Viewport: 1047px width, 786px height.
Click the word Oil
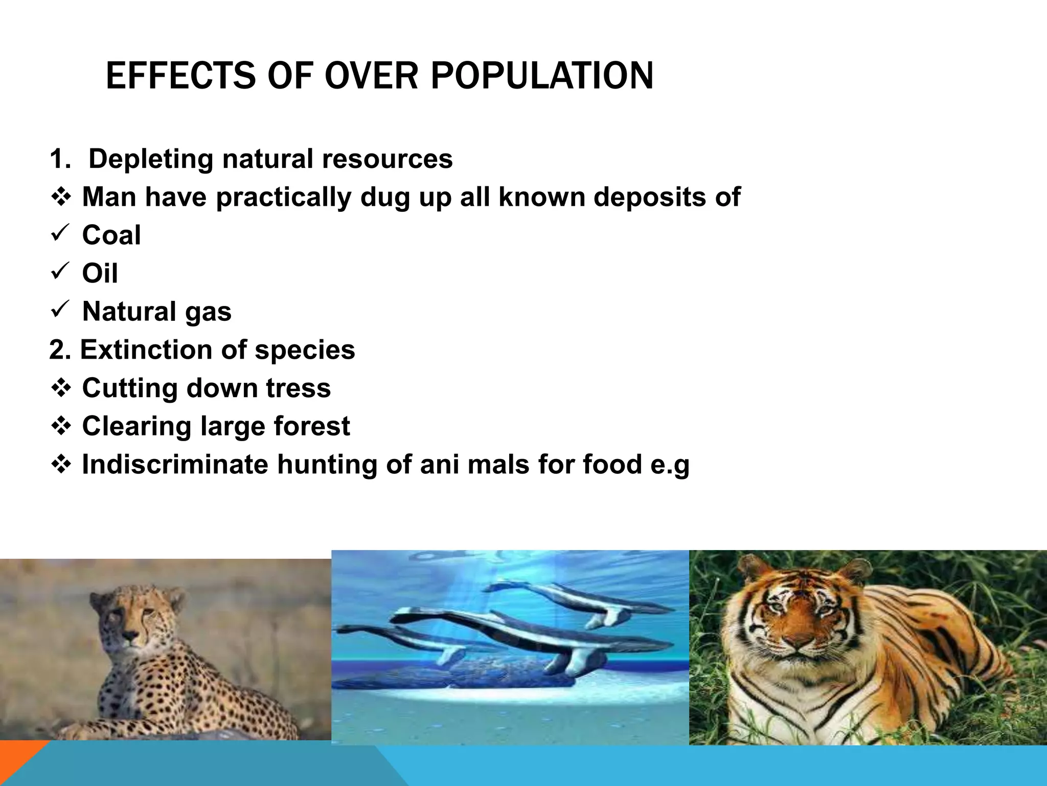100,273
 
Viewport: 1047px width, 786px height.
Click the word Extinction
147,350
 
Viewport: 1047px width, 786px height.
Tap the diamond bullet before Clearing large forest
61,426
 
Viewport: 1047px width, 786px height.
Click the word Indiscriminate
175,465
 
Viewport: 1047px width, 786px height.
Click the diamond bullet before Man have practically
61,197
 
